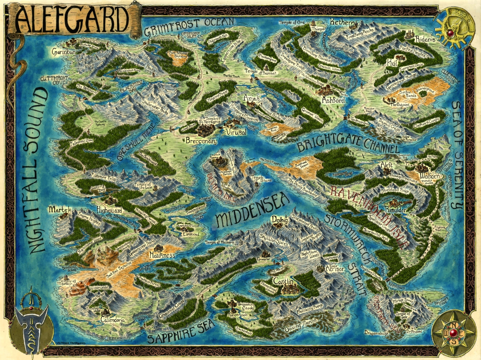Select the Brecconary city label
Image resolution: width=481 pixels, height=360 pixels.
(201, 141)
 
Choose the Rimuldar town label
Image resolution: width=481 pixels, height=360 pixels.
(395, 210)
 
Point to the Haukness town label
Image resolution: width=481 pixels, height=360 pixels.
(162, 255)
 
